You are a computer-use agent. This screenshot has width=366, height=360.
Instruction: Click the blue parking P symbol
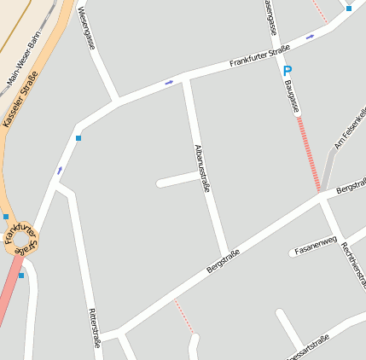[288, 72]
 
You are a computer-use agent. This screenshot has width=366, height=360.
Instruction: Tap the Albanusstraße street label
[202, 168]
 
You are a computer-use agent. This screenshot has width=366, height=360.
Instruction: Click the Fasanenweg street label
[317, 245]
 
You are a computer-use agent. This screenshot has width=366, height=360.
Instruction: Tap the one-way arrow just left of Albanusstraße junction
[169, 83]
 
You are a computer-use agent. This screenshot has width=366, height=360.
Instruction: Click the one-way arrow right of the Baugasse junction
[310, 37]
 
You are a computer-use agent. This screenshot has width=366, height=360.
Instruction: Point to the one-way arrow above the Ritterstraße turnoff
[60, 171]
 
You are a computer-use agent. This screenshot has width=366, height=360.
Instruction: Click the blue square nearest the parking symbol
[348, 9]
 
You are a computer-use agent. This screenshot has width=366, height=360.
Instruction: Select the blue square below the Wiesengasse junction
[78, 138]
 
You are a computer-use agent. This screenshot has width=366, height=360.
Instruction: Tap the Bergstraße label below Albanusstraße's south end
[223, 260]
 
